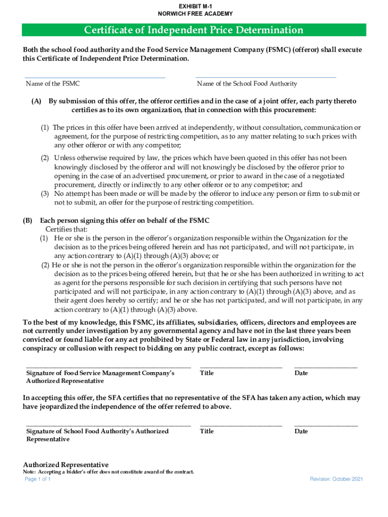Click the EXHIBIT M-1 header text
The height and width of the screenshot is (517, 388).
[x=194, y=6]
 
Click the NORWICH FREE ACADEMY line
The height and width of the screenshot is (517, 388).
[x=194, y=14]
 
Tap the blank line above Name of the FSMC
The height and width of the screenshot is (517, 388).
[x=95, y=77]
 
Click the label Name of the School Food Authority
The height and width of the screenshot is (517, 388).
[x=247, y=84]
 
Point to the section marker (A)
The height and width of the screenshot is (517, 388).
[x=36, y=101]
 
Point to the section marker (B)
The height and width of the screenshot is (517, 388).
[x=28, y=221]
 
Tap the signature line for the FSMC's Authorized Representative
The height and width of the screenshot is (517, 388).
[x=108, y=367]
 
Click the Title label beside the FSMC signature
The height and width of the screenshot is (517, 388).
[x=207, y=373]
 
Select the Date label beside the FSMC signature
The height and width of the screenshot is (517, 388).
[x=301, y=373]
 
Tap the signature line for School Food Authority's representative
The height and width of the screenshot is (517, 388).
[x=108, y=425]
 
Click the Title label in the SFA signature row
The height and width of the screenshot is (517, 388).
[x=207, y=431]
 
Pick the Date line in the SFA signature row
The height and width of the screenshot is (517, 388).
[x=326, y=425]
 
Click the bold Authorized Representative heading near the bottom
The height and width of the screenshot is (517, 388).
[x=66, y=464]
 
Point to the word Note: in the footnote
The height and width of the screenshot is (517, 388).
[x=29, y=472]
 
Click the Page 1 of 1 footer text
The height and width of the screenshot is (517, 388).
[x=38, y=479]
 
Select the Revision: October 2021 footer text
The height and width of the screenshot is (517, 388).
[x=336, y=479]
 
